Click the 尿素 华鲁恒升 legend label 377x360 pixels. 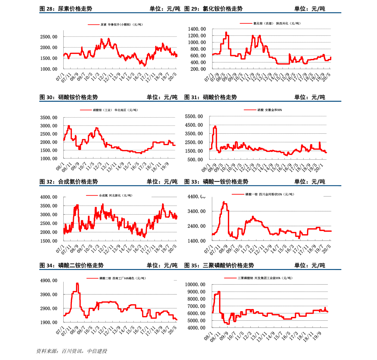point(122,24)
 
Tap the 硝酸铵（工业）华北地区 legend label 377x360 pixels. point(115,110)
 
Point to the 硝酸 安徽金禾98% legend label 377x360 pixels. point(269,110)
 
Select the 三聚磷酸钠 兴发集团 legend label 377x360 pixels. point(265,278)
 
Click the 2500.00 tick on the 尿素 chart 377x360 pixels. point(49,37)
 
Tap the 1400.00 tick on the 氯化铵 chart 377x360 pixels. point(197,29)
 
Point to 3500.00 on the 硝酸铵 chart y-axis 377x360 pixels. point(49,118)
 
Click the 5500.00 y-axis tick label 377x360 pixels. point(194,117)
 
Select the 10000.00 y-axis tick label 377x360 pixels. point(195,285)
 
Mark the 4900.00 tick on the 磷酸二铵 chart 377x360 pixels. point(49,280)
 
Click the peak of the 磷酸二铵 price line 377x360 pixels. point(77,284)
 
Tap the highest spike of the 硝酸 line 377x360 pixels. point(215,126)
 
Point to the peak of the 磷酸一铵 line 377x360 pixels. point(224,202)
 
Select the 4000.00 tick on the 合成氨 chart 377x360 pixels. point(49,197)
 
